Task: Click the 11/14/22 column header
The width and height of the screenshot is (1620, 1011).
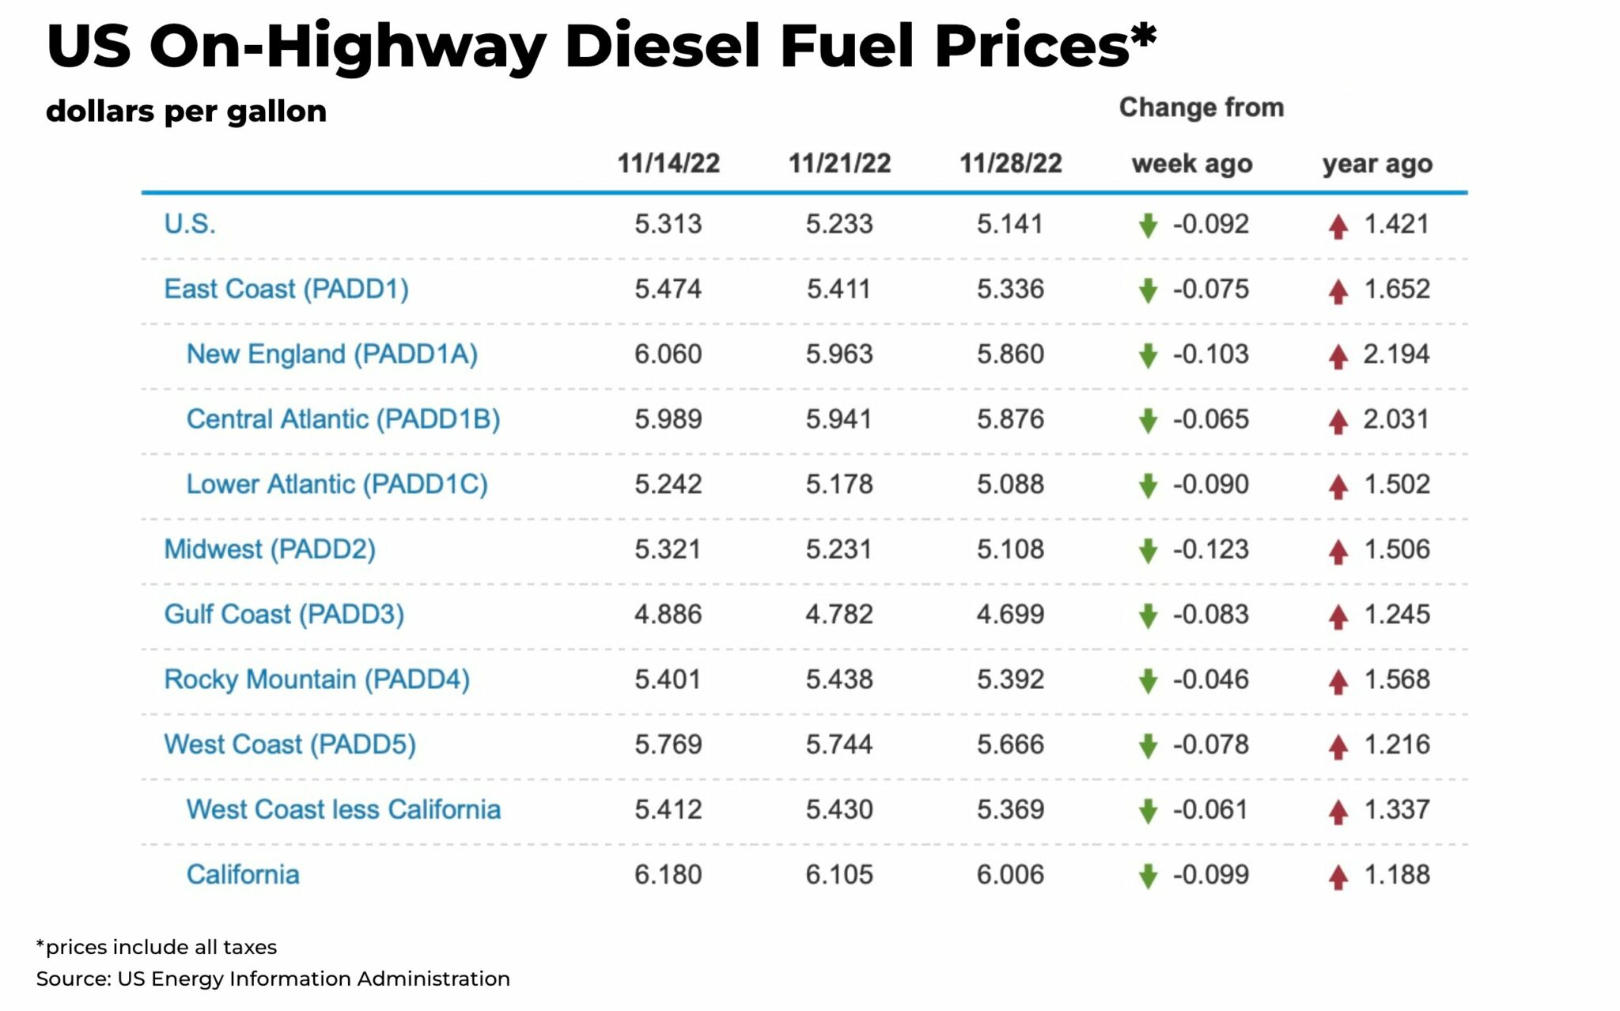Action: point(668,164)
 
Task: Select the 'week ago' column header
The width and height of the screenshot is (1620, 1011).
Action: point(1192,164)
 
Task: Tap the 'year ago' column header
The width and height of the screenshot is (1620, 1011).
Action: point(1377,164)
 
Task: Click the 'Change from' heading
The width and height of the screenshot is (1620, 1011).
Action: point(1201,108)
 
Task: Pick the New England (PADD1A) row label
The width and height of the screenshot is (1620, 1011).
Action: point(332,354)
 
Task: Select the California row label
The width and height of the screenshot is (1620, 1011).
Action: point(243,874)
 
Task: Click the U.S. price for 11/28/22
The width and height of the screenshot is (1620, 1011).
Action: point(1010,224)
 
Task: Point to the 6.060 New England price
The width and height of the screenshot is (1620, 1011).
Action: point(668,354)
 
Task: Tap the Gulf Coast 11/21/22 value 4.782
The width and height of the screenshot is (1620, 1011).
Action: point(839,614)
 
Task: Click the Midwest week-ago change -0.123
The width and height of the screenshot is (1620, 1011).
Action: point(1210,549)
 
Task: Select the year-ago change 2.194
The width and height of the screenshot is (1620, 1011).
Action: point(1396,354)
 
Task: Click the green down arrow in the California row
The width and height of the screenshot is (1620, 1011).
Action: point(1148,877)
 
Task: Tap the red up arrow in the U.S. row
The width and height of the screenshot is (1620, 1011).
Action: point(1338,226)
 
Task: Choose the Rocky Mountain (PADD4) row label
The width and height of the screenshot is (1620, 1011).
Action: point(316,680)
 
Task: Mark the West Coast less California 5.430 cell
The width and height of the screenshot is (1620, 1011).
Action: point(839,809)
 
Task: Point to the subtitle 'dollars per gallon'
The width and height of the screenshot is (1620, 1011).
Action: point(186,112)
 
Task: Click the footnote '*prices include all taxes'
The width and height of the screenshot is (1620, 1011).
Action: point(157,947)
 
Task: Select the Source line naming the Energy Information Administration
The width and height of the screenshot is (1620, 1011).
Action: point(273,979)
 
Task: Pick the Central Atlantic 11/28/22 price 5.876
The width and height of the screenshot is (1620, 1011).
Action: point(1010,418)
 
